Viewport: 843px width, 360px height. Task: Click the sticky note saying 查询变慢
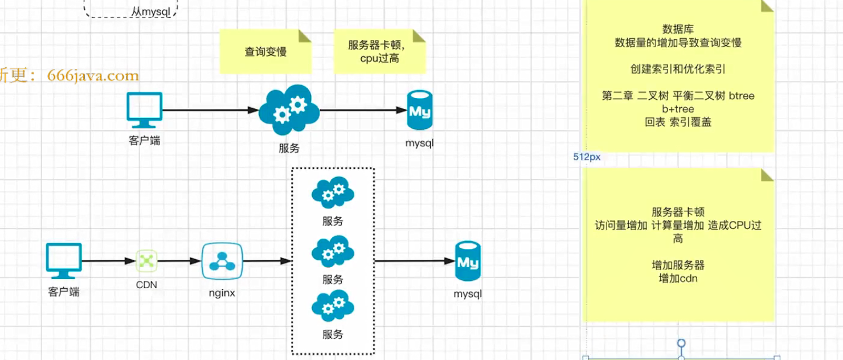click(265, 52)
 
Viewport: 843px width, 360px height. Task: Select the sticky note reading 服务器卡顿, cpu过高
click(379, 51)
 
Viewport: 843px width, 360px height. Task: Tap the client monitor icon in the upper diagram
click(144, 110)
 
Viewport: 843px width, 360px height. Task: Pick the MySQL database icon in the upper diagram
click(420, 111)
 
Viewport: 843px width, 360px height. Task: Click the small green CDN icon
click(146, 261)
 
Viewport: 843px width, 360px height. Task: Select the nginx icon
click(222, 261)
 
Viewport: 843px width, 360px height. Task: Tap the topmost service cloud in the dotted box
click(333, 193)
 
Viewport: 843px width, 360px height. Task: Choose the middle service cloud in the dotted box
click(333, 251)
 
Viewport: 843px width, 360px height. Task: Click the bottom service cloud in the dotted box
click(333, 306)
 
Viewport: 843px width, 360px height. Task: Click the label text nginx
click(222, 293)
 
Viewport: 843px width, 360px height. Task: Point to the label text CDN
click(146, 284)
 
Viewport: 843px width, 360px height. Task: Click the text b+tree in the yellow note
click(678, 109)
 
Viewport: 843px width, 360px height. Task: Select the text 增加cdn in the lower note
click(678, 279)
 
